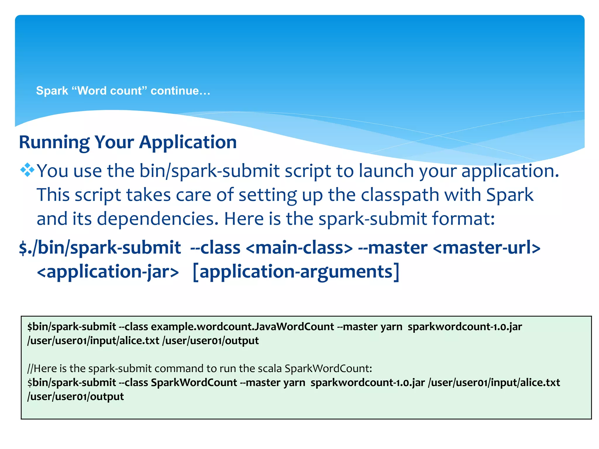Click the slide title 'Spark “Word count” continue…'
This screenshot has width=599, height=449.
pyautogui.click(x=123, y=91)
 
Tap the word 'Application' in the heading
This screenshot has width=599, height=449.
pyautogui.click(x=188, y=142)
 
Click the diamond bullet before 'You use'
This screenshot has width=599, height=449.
pyautogui.click(x=27, y=170)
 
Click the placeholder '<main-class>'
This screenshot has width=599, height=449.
pyautogui.click(x=299, y=248)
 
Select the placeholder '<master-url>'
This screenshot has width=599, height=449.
pyautogui.click(x=486, y=248)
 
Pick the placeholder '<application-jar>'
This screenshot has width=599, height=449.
pyautogui.click(x=108, y=272)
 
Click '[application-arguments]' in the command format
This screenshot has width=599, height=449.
pyautogui.click(x=296, y=272)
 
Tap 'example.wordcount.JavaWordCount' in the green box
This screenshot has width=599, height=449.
pyautogui.click(x=242, y=327)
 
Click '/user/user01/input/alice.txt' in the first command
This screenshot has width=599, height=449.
pyautogui.click(x=93, y=341)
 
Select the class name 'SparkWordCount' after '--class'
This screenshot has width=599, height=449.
pyautogui.click(x=194, y=382)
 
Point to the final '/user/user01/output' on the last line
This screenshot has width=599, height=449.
pyautogui.click(x=75, y=396)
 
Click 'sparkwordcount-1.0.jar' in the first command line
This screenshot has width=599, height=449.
pyautogui.click(x=465, y=327)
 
